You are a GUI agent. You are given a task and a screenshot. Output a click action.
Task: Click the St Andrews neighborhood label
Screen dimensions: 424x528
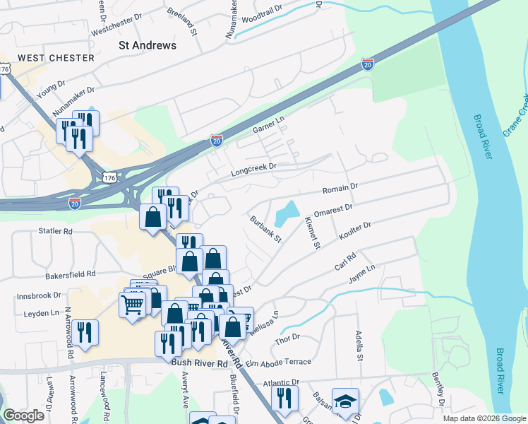pos(147,45)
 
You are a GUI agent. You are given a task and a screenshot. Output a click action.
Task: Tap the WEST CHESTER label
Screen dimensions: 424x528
pos(47,57)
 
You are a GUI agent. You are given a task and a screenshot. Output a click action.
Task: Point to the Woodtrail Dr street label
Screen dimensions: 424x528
pos(261,12)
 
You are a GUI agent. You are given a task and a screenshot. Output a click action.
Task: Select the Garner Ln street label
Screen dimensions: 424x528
pos(268,126)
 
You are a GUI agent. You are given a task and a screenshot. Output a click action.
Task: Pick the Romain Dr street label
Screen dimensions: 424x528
pos(340,189)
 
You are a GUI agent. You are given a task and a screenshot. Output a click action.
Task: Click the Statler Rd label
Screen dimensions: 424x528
pos(56,230)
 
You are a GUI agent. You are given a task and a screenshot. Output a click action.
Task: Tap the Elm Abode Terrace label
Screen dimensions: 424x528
pos(279,363)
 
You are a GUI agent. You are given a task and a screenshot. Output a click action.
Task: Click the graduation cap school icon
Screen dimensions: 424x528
pos(345,401)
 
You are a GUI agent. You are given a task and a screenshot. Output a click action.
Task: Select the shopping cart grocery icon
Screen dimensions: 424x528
pos(132,305)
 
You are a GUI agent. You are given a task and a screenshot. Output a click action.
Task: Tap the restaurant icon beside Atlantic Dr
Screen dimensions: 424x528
pos(284,397)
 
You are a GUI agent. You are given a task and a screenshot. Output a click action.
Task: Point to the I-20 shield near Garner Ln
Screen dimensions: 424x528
pos(216,141)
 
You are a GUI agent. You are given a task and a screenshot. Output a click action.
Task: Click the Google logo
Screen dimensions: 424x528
pos(24,416)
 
